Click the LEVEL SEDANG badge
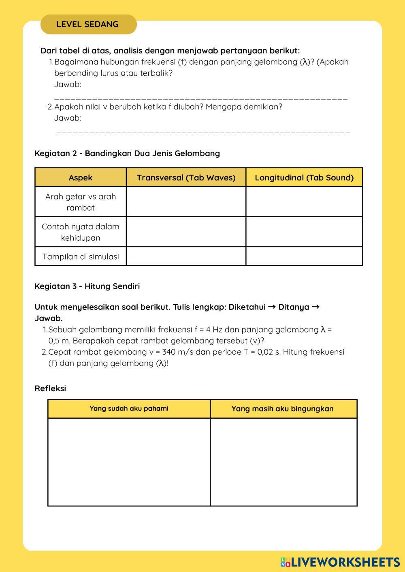pos(88,24)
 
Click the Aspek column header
pos(81,178)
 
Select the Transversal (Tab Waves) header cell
pos(186,178)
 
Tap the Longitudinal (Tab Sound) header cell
pos(304,178)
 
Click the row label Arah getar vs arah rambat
pos(81,202)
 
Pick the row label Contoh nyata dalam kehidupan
pos(81,232)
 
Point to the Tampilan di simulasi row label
pos(81,256)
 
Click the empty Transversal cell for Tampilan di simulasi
pos(186,256)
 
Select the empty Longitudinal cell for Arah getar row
pos(304,202)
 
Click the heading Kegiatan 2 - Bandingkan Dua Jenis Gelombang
pos(127,153)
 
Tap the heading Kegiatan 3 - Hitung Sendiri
pos(87,286)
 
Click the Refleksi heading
pos(50,388)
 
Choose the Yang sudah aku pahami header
pos(129,409)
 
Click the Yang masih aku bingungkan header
pos(283,409)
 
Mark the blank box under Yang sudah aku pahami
pos(129,462)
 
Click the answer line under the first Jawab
pos(200,98)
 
